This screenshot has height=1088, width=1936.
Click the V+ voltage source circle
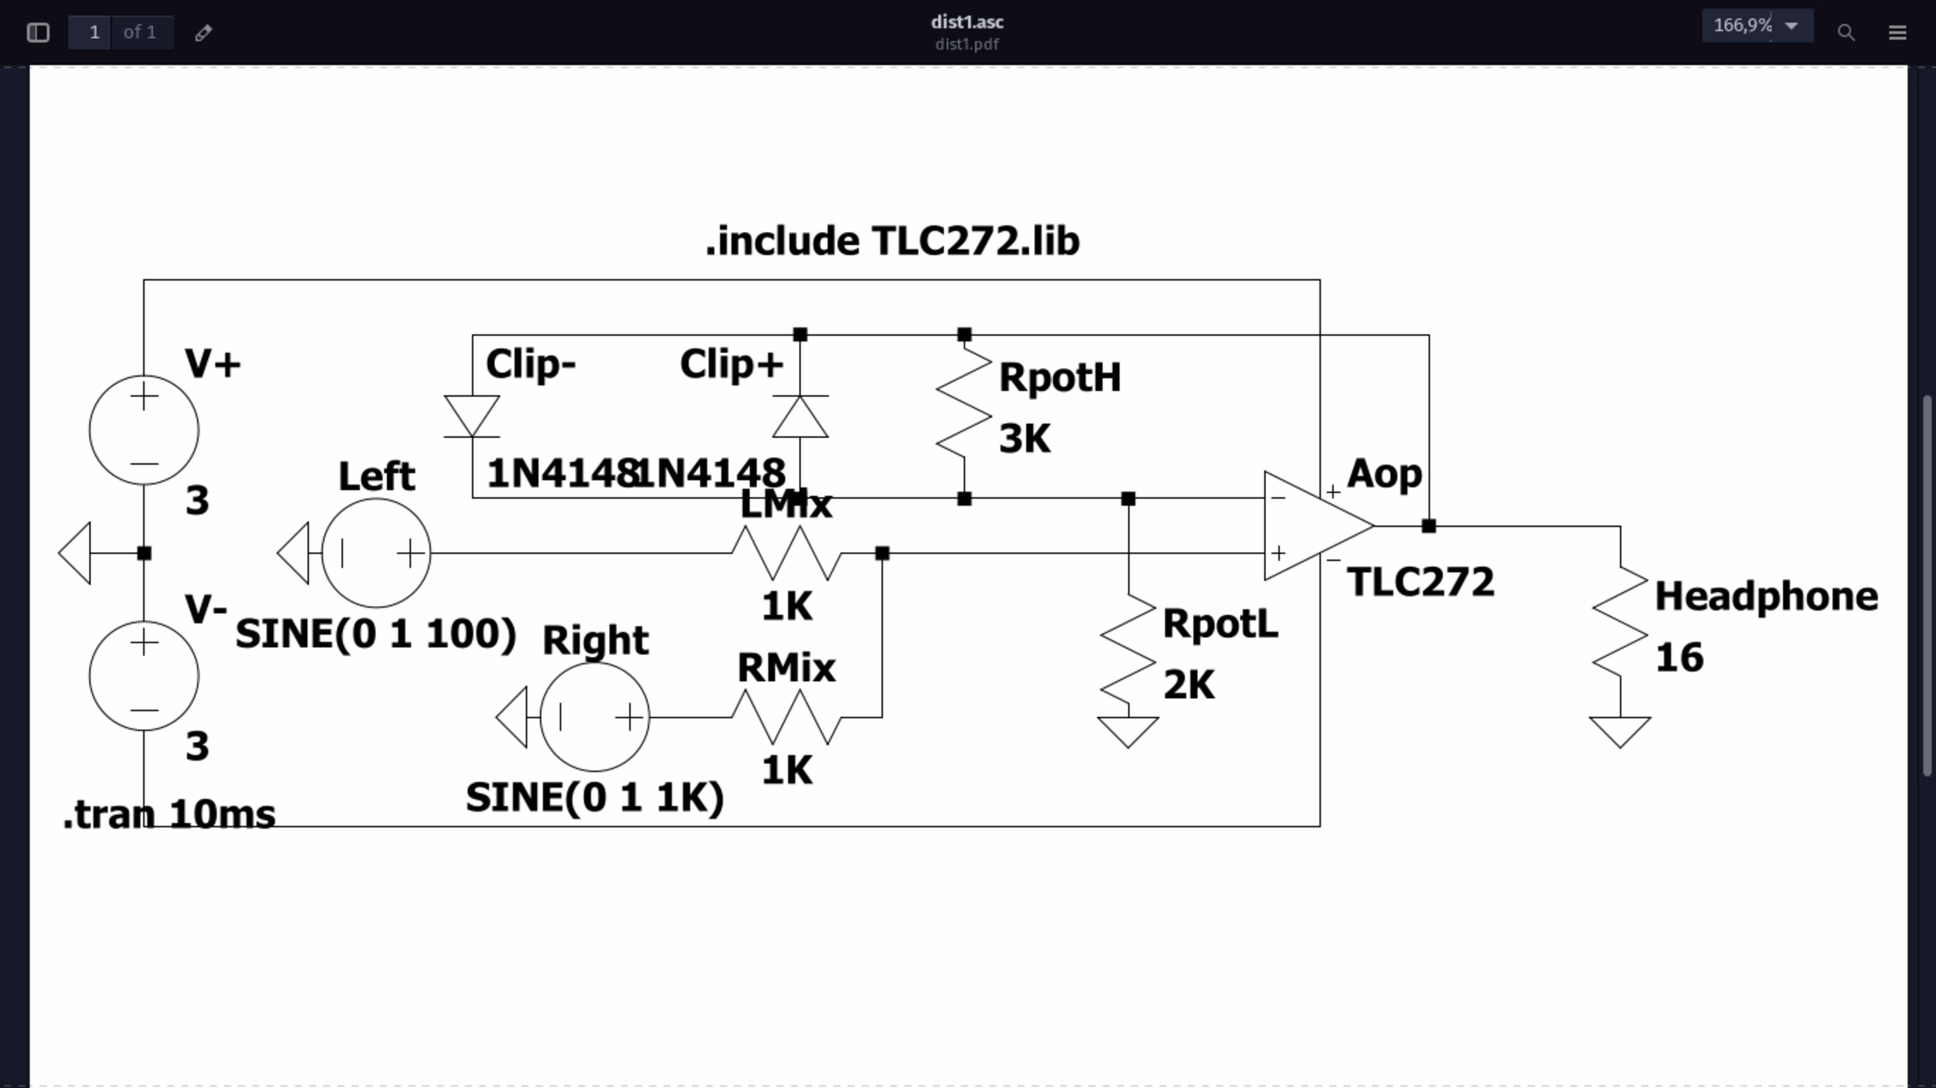[x=144, y=430]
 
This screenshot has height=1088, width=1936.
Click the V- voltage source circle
[x=144, y=675]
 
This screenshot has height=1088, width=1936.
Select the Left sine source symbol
[x=376, y=553]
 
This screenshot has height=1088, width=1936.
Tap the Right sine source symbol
[x=595, y=717]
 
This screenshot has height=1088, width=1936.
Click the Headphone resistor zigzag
[x=1621, y=622]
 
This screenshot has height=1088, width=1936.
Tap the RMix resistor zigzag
[x=786, y=717]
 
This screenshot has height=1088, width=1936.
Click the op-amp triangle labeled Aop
[x=1312, y=526]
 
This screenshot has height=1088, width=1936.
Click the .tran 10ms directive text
[x=170, y=814]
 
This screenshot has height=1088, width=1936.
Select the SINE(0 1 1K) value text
[x=595, y=797]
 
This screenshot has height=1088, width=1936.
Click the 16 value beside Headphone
[x=1679, y=657]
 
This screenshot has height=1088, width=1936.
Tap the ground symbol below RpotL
[x=1128, y=730]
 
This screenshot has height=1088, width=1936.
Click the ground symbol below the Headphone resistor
[x=1621, y=730]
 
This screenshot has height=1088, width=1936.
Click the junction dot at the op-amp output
[x=1429, y=526]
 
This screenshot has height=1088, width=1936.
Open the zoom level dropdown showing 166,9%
[x=1757, y=26]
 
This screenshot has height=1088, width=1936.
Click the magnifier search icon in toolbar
[x=1846, y=32]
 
